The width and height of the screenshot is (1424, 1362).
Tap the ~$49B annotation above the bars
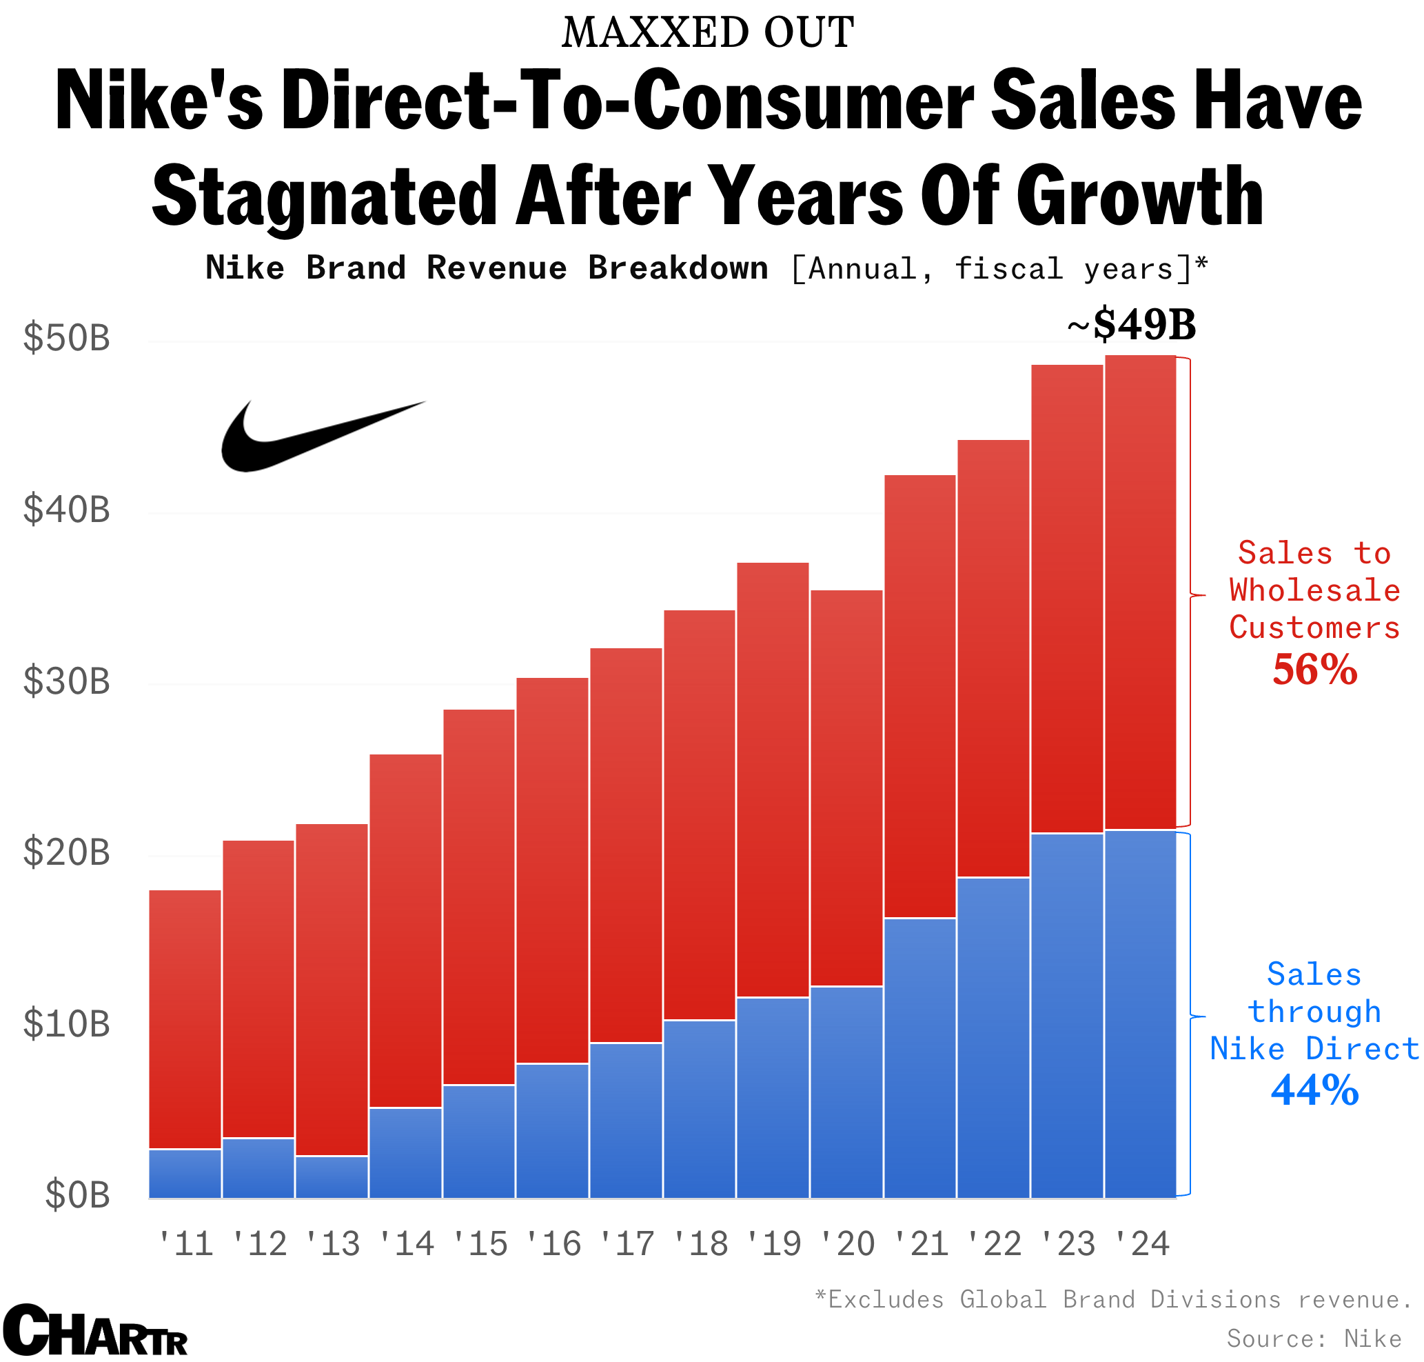click(1130, 325)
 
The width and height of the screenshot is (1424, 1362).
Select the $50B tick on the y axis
click(67, 339)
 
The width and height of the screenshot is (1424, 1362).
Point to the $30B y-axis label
click(67, 681)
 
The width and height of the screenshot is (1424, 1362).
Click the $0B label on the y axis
click(78, 1196)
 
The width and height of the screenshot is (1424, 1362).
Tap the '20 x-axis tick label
click(847, 1244)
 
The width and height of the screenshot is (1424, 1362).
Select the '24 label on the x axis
click(1141, 1244)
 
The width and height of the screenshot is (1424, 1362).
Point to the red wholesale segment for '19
click(772, 781)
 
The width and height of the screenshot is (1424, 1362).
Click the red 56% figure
click(1314, 670)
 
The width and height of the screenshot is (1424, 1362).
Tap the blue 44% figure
click(1314, 1090)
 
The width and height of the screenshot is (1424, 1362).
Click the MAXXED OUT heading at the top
click(708, 33)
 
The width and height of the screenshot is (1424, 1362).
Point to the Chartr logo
click(94, 1330)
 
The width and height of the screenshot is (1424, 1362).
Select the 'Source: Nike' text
click(1314, 1337)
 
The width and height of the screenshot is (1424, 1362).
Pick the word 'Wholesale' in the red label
click(1314, 590)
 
